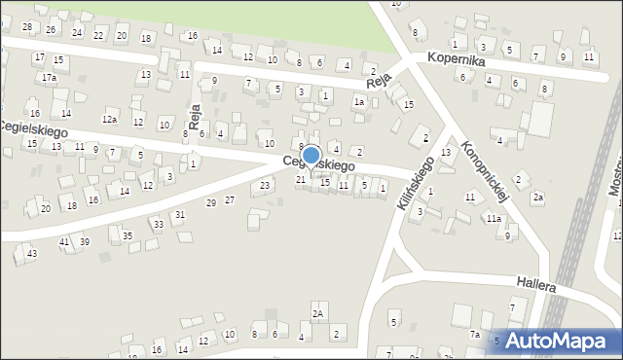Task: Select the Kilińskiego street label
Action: coord(416,184)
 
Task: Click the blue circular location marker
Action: coord(311,156)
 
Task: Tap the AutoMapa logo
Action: coord(557,341)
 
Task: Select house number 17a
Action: coord(49,77)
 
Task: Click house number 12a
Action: coord(111,120)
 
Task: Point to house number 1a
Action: coord(359,102)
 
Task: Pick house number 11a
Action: coord(495,219)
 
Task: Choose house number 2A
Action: coord(317,313)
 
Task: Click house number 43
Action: coord(32,253)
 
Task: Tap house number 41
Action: coord(64,241)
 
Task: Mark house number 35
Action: coord(128,236)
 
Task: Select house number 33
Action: coord(158,225)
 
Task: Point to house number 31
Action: coord(179,214)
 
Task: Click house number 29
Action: coord(211,202)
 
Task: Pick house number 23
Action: coord(265,185)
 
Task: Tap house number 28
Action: coord(27,27)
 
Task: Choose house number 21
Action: coord(301,179)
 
